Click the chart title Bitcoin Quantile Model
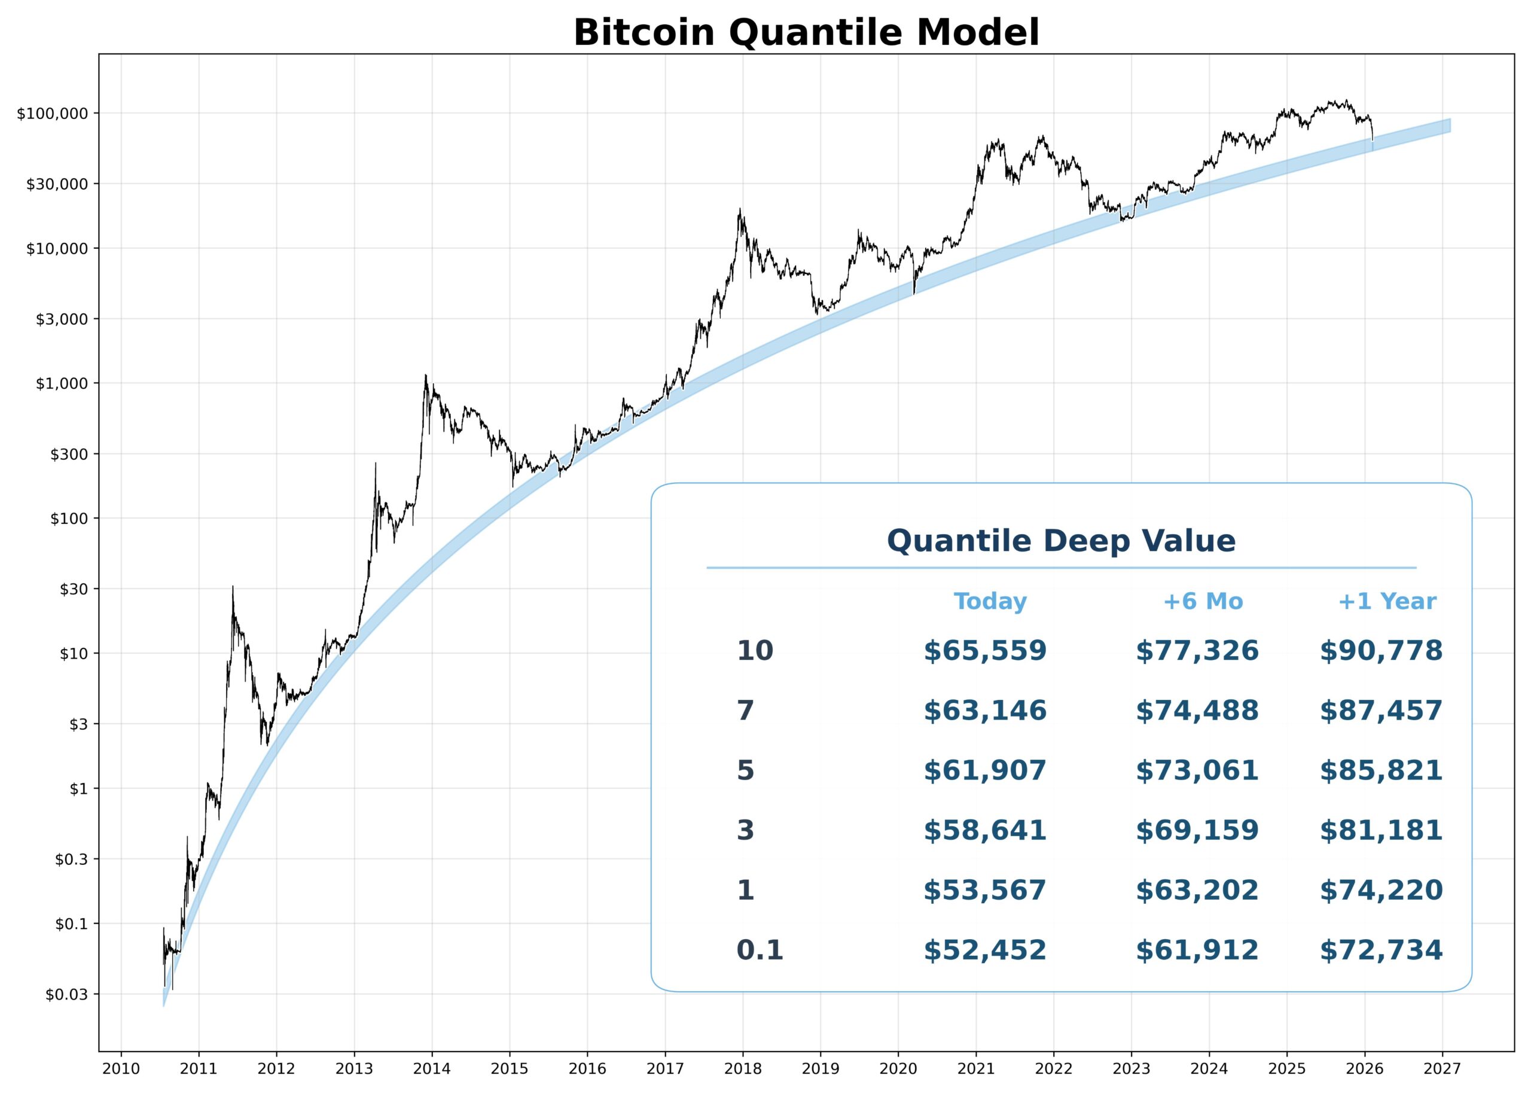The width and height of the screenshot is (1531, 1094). pos(806,32)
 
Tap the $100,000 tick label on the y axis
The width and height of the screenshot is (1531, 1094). pos(53,114)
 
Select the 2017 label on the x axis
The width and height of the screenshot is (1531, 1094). pos(665,1069)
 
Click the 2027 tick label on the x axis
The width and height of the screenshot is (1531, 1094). pos(1442,1069)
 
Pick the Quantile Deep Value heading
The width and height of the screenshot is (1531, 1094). pos(1061,541)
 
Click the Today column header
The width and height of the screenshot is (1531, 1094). pos(989,601)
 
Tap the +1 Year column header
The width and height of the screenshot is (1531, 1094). pos(1386,601)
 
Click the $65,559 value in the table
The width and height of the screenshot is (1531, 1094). pos(985,651)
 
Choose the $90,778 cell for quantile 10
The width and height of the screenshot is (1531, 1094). pos(1381,651)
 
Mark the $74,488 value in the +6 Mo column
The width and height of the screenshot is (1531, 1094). pos(1197,711)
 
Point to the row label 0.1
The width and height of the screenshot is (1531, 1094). pos(760,950)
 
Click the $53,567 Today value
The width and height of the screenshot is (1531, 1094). pos(985,891)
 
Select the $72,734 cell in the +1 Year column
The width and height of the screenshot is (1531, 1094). pos(1381,950)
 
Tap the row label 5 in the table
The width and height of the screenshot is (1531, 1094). pos(745,770)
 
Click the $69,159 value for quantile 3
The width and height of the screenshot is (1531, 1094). pos(1197,831)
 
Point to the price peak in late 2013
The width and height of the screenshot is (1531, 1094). pos(426,376)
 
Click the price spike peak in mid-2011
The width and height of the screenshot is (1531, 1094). pos(233,587)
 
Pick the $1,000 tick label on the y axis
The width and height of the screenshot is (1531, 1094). pos(62,384)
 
